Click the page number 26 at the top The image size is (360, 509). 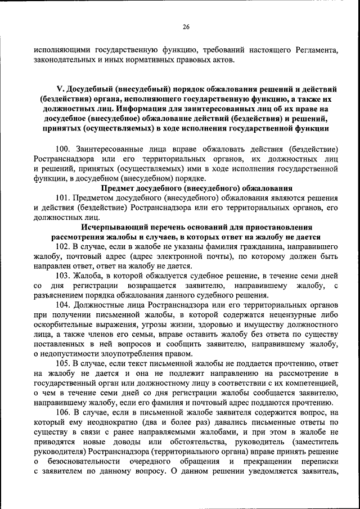[186, 26]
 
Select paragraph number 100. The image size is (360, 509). [63, 149]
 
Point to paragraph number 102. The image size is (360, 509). [63, 247]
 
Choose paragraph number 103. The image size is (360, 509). [63, 276]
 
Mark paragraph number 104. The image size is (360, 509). [63, 305]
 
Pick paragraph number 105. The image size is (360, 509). [63, 364]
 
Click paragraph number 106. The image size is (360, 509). [63, 412]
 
